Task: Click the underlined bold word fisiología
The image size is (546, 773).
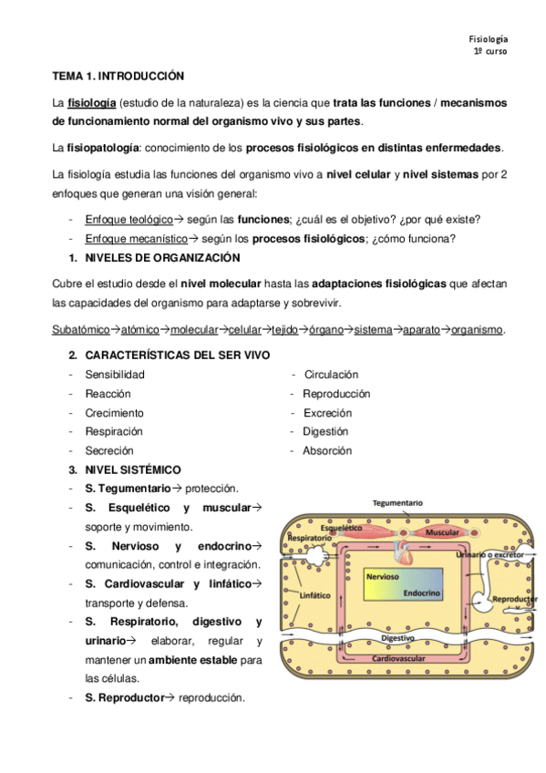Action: (x=91, y=102)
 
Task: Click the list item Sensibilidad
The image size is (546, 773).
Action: (x=115, y=375)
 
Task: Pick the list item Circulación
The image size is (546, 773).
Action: (x=331, y=375)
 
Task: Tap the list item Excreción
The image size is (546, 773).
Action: (x=326, y=413)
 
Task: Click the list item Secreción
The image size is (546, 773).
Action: (x=109, y=450)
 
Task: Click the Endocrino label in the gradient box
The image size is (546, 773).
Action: (x=423, y=593)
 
